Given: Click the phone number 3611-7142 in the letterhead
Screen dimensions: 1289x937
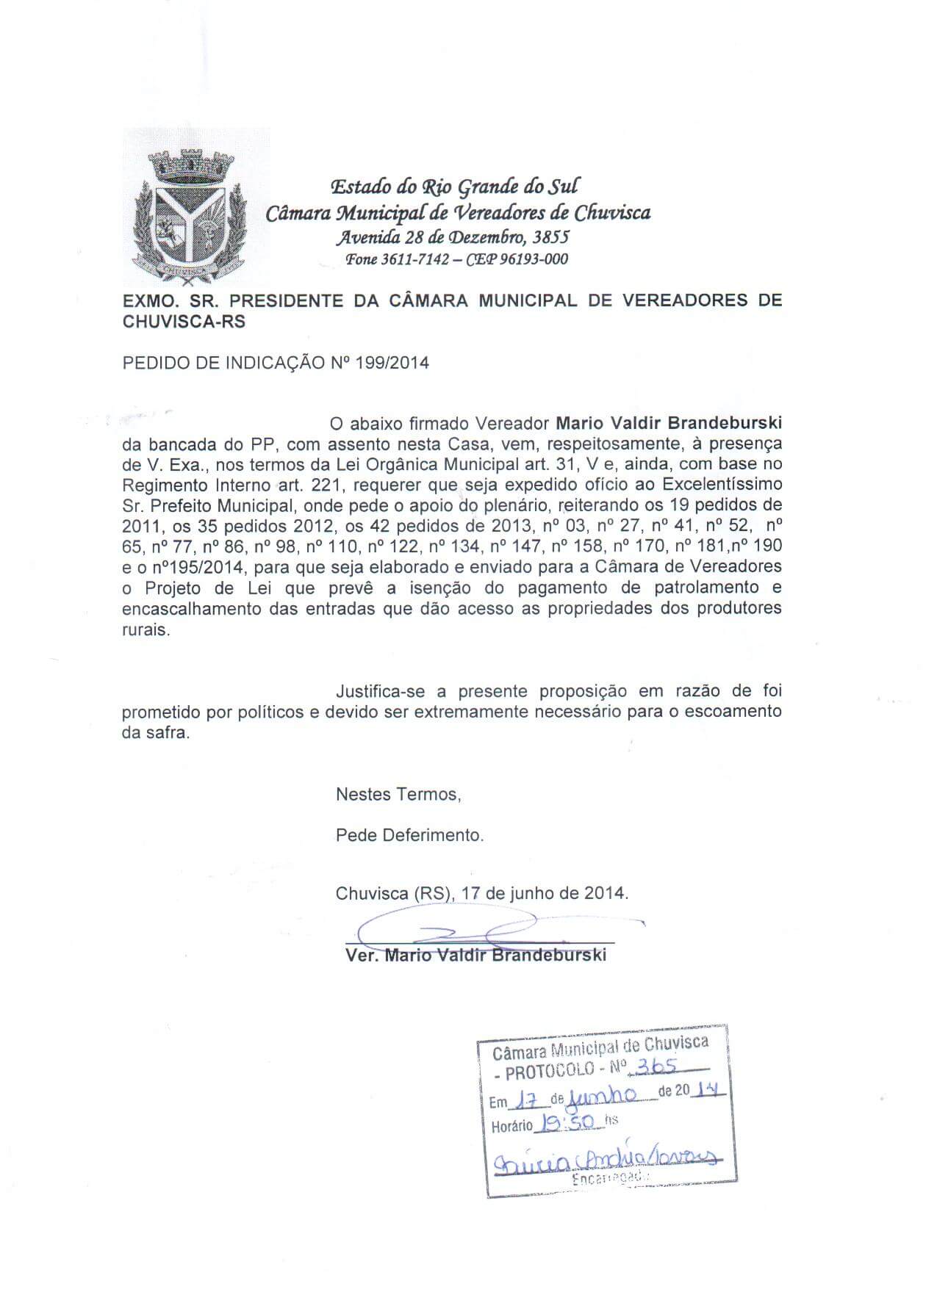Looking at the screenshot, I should click(416, 259).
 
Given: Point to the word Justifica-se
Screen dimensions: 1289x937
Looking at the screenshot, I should click(378, 691).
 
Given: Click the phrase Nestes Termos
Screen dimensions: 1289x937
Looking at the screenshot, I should click(398, 794).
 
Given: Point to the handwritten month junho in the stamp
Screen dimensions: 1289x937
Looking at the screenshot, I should click(603, 1096).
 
